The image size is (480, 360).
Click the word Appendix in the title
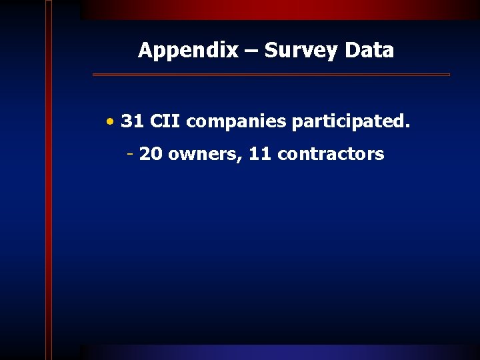pos(187,51)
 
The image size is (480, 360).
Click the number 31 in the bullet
pos(133,122)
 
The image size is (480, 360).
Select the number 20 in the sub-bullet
pos(151,155)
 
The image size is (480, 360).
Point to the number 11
pos(260,155)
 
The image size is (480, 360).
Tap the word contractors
pos(331,155)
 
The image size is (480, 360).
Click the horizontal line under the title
pos(271,75)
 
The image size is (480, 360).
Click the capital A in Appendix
pos(145,51)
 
